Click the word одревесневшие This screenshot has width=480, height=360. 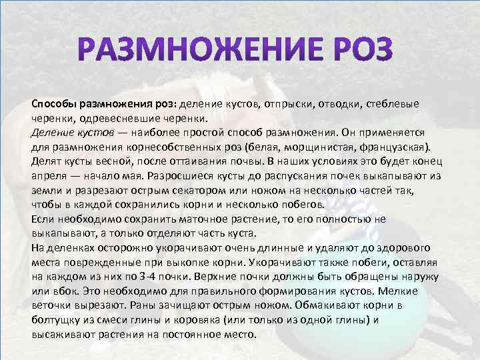pyautogui.click(x=117, y=117)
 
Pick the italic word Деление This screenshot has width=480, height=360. pyautogui.click(x=53, y=130)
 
